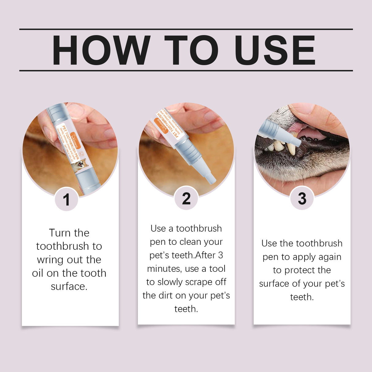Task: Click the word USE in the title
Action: point(275,50)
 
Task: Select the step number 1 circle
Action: point(66,199)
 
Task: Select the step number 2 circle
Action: point(186,199)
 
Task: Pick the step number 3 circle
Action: point(302,199)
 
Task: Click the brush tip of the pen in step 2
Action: point(211,179)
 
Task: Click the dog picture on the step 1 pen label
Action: point(80,165)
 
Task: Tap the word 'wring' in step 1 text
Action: point(50,260)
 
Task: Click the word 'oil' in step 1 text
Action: point(38,273)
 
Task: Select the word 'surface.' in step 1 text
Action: point(69,287)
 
